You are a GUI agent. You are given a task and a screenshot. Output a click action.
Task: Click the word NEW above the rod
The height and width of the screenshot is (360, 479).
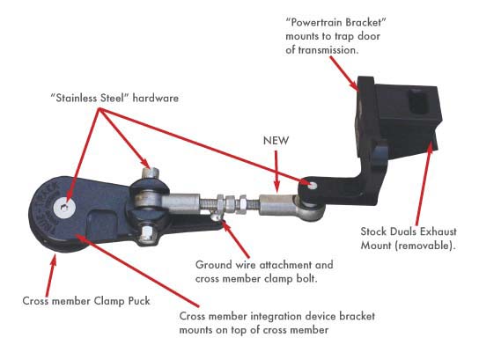point(276,141)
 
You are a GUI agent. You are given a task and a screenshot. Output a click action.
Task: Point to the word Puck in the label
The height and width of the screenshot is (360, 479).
point(139,301)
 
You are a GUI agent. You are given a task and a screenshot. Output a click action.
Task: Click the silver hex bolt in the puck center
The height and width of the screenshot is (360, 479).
point(64,208)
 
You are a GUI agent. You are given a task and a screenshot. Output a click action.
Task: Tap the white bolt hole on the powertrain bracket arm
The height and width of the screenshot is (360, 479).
point(313,185)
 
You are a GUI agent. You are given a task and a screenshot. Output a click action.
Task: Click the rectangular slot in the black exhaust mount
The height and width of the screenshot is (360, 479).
point(419,102)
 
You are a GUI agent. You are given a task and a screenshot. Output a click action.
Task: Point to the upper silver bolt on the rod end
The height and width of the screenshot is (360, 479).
point(151,173)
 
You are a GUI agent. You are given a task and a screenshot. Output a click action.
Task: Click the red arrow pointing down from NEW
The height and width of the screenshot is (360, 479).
point(276,171)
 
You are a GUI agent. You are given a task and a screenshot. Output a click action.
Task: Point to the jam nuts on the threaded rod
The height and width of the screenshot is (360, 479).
point(232,202)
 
